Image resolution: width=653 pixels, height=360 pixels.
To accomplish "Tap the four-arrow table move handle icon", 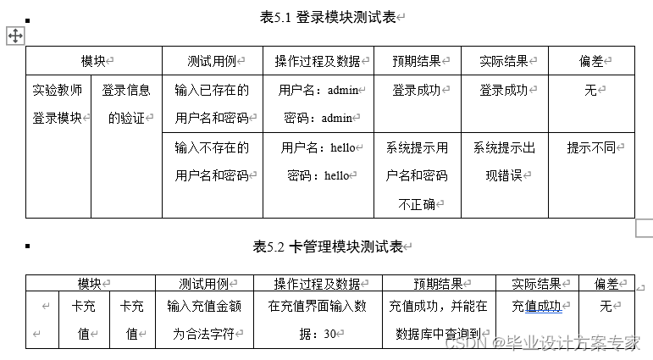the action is click(x=15, y=35).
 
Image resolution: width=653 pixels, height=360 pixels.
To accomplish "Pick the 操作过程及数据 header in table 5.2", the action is click(x=317, y=284).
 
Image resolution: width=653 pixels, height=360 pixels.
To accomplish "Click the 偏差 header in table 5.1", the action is click(x=590, y=61).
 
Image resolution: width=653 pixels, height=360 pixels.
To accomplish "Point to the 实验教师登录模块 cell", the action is click(x=58, y=103).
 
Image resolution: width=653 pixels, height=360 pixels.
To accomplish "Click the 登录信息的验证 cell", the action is click(x=126, y=103).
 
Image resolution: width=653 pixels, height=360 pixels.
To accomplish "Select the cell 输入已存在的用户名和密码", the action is click(x=212, y=103).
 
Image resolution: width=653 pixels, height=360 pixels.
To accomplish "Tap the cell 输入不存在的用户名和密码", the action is click(x=212, y=162).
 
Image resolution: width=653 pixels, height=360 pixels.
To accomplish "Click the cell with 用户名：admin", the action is click(x=318, y=103).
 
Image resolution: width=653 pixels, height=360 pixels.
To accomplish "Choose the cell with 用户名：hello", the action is click(x=318, y=162).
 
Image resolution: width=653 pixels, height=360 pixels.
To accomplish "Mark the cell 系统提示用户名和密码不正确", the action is click(x=417, y=175).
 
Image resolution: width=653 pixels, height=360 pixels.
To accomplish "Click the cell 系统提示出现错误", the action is click(x=504, y=162).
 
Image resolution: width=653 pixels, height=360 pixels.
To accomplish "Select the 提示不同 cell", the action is click(x=590, y=147).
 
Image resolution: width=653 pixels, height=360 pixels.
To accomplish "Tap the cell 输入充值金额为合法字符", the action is click(x=204, y=319).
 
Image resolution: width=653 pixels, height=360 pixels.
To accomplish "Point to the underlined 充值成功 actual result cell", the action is click(x=536, y=307).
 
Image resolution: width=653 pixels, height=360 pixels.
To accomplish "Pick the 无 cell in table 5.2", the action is click(x=606, y=307).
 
